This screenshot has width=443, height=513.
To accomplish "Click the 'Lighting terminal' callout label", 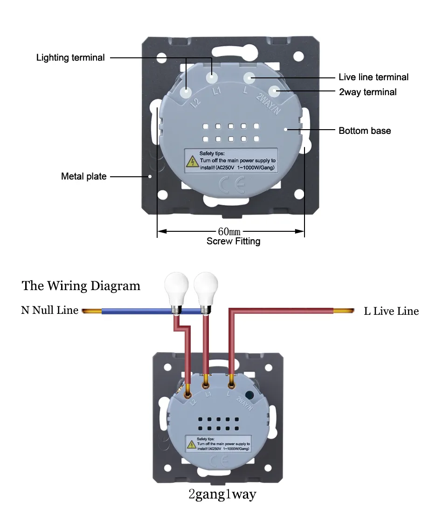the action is tap(70, 58).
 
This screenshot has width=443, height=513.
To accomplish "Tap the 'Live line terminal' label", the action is tap(374, 77).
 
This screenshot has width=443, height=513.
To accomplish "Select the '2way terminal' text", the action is tap(368, 92).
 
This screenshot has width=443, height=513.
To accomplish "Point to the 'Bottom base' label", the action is tap(365, 131).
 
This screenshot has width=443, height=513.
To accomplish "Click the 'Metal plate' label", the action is tap(84, 176).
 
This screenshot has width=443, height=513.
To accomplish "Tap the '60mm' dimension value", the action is tap(229, 232).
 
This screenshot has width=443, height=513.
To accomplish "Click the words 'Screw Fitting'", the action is tap(233, 242).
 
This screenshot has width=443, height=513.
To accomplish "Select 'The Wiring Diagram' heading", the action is tap(81, 285).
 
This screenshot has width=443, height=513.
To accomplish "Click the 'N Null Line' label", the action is tap(50, 310).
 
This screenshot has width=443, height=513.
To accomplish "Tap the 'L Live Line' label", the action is tap(391, 311).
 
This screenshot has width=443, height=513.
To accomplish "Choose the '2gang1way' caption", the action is tap(222, 494).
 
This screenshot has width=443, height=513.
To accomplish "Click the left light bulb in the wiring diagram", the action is tap(176, 292).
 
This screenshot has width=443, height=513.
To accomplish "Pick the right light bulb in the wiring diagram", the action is tap(206, 292).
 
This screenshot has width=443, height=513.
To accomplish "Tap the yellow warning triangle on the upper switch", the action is tap(192, 162).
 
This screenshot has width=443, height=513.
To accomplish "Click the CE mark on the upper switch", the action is tap(232, 185).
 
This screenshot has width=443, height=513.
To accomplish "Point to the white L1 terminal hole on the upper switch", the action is tap(212, 78).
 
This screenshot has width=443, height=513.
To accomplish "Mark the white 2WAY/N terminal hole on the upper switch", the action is tap(275, 91).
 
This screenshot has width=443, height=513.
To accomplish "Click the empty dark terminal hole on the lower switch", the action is tap(249, 395).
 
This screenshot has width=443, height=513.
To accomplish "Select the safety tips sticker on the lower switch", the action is tap(218, 444).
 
